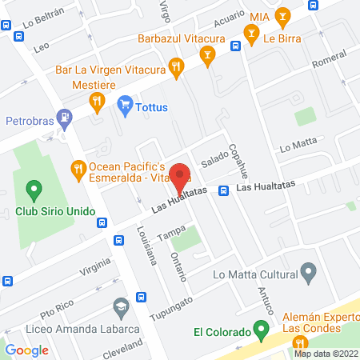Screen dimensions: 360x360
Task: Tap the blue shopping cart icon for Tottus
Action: pyautogui.click(x=124, y=104)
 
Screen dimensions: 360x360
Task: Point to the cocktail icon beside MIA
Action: pyautogui.click(x=282, y=15)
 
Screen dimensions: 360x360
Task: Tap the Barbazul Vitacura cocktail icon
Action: pyautogui.click(x=208, y=54)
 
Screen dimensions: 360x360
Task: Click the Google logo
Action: pyautogui.click(x=26, y=350)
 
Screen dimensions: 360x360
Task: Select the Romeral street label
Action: pyautogui.click(x=329, y=59)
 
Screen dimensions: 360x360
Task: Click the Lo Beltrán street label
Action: pyautogui.click(x=43, y=17)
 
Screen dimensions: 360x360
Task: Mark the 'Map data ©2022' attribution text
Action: pyautogui.click(x=326, y=353)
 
